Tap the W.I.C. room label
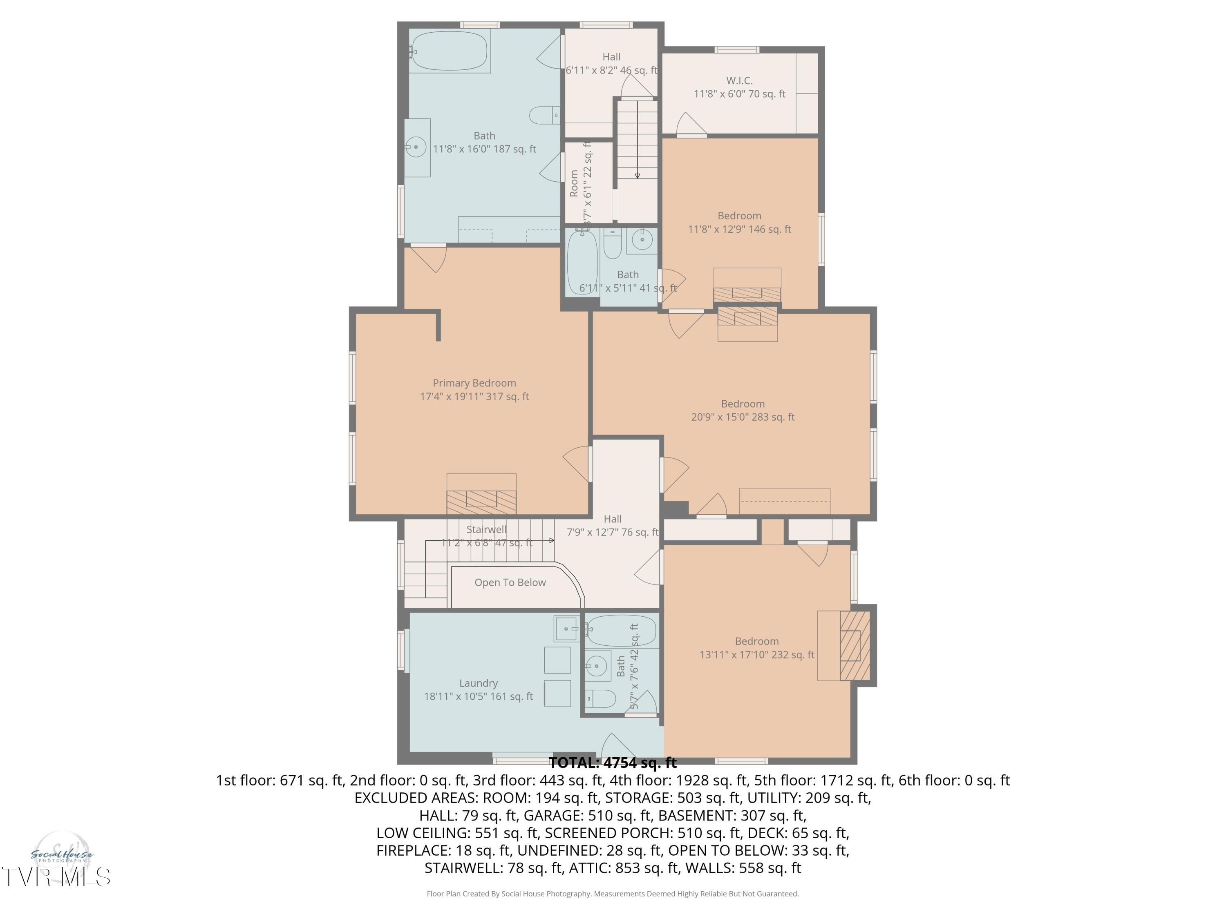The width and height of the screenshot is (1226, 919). coord(739,81)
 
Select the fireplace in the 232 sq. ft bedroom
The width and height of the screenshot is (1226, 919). coord(854,645)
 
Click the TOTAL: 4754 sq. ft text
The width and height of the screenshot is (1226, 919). coord(613,763)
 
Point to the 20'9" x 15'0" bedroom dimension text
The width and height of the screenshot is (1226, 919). coord(743,417)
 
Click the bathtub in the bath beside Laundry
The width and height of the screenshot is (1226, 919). coord(621,630)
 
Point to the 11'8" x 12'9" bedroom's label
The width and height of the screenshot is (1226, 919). coord(739,216)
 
